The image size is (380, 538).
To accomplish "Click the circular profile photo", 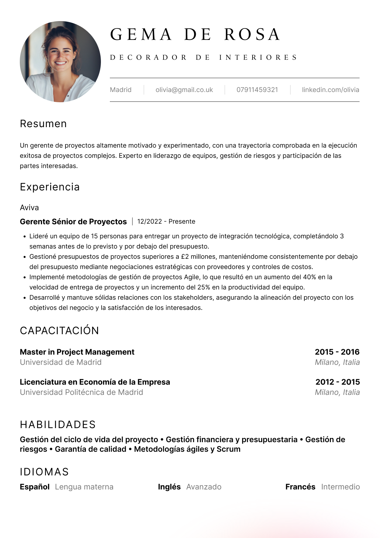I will pyautogui.click(x=60, y=62).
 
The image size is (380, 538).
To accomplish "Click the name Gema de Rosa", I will pyautogui.click(x=195, y=35).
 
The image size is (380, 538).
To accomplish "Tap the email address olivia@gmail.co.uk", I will pyautogui.click(x=184, y=90).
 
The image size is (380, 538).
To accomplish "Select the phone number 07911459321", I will pyautogui.click(x=257, y=90).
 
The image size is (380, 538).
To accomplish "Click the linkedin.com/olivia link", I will pyautogui.click(x=331, y=90).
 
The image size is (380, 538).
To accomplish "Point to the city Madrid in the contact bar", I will pyautogui.click(x=121, y=90).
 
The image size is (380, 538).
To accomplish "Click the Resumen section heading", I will pyautogui.click(x=43, y=124).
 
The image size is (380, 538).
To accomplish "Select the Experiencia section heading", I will pyautogui.click(x=50, y=187).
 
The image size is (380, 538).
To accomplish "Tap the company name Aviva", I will pyautogui.click(x=29, y=208).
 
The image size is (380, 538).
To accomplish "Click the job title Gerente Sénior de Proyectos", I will pyautogui.click(x=73, y=222).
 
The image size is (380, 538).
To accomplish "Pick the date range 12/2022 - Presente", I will pyautogui.click(x=166, y=222).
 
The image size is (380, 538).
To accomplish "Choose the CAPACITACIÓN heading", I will pyautogui.click(x=59, y=331).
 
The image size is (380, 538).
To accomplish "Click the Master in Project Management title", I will pyautogui.click(x=77, y=352).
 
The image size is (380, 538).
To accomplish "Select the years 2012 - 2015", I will pyautogui.click(x=338, y=382).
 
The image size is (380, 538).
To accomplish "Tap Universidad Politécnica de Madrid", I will pyautogui.click(x=81, y=392).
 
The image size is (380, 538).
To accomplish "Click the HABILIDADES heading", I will pyautogui.click(x=58, y=425).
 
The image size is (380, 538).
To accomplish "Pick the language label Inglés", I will pyautogui.click(x=169, y=487).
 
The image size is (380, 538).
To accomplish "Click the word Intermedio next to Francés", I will pyautogui.click(x=340, y=487).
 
